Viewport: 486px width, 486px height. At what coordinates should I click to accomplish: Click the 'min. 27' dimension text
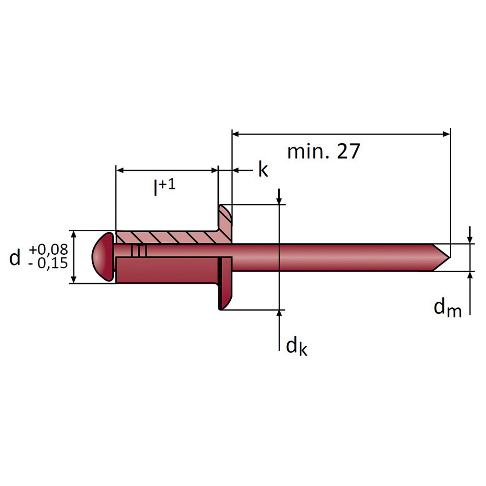(x=323, y=151)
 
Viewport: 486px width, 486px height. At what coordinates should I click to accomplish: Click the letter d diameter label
(x=15, y=258)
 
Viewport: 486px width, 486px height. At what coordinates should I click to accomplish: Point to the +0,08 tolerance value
(x=49, y=249)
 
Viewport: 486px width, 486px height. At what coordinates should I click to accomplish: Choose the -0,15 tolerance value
(x=48, y=263)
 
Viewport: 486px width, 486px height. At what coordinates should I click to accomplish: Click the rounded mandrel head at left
(x=103, y=257)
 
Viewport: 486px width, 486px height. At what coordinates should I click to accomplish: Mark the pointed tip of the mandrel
(x=450, y=258)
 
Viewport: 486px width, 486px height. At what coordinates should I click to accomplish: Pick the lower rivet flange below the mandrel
(x=226, y=283)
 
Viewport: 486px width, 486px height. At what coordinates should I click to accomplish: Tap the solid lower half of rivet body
(x=167, y=270)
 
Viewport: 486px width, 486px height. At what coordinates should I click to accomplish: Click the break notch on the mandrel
(x=139, y=251)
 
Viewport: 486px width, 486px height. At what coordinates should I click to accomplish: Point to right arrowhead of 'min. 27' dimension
(x=446, y=134)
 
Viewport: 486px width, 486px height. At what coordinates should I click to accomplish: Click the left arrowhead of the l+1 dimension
(x=120, y=170)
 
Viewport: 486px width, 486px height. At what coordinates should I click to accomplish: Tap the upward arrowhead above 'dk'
(x=279, y=314)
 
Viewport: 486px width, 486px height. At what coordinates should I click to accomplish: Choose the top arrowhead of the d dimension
(x=74, y=235)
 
